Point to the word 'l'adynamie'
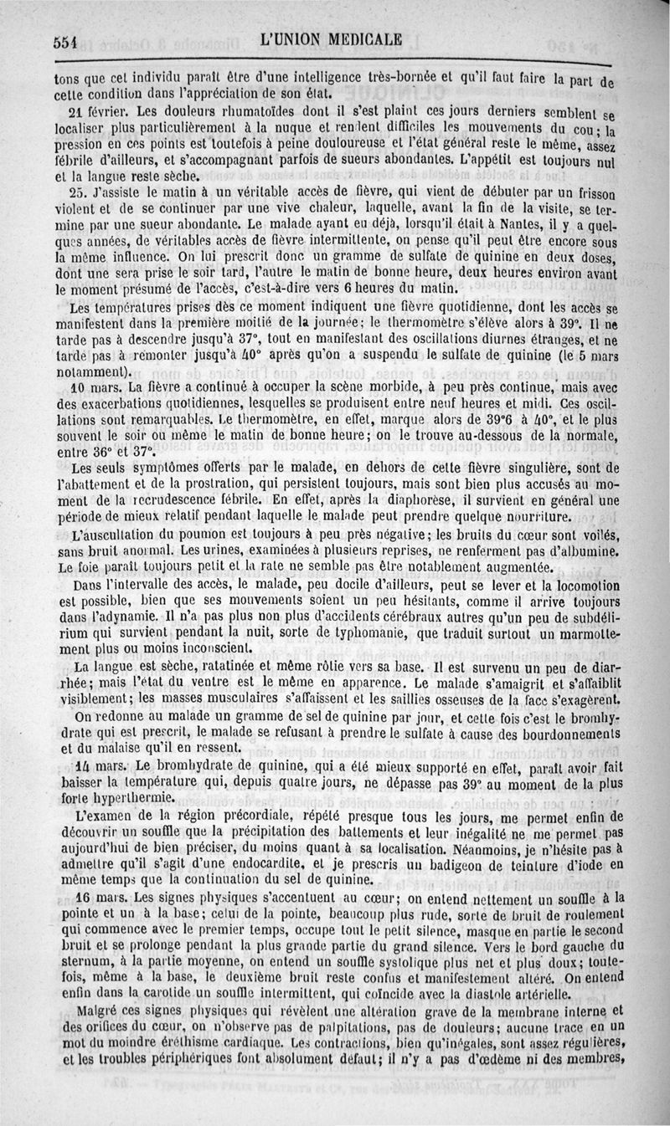(119, 617)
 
